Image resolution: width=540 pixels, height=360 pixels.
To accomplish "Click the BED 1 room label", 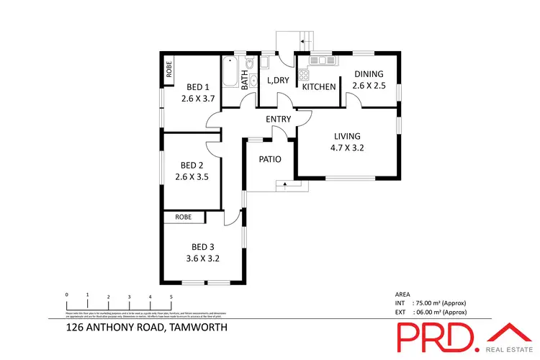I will pos(192,87).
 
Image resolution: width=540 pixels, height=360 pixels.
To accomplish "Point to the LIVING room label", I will pos(346,137).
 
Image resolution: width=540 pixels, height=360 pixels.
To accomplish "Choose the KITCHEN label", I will pos(319,87).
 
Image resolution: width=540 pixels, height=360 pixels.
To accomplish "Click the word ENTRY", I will pos(278,119).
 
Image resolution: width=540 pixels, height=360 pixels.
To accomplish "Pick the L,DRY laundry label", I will pos(277,81).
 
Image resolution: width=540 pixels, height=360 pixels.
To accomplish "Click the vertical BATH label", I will pos(245,78).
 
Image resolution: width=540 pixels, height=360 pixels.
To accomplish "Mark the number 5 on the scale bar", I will pos(171,296).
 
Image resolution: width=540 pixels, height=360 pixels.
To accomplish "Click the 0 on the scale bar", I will pos(66,296).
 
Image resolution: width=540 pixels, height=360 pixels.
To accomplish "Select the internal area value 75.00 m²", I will pos(444,303).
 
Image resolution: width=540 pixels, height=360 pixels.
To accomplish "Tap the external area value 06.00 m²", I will pos(444,312).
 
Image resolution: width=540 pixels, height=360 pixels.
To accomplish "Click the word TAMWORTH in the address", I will pos(197,328).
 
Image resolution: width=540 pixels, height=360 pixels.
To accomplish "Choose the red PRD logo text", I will pos(436,336).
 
